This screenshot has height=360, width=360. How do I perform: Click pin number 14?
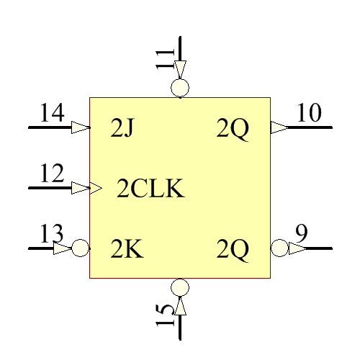point(52,114)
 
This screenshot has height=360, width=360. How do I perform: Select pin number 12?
point(52,174)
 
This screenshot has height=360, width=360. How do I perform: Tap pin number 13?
point(52,235)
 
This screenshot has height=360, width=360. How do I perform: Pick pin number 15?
point(166,315)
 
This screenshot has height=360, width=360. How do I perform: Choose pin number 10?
point(310,114)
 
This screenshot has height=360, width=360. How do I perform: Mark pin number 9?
point(302,233)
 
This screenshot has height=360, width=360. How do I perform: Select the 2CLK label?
point(150,189)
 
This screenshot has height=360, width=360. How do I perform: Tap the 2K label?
point(127,249)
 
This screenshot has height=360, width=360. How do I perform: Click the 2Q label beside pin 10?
point(233,129)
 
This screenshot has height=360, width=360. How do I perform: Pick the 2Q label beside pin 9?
point(233,249)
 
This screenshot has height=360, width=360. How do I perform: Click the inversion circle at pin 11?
point(180,89)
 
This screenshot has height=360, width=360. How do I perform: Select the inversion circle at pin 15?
point(180,287)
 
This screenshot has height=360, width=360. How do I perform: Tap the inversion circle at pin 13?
point(81,248)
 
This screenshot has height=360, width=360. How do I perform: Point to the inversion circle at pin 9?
point(279,248)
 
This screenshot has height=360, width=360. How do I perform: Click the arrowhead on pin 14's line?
point(80,127)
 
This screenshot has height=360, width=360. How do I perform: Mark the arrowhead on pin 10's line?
point(279,127)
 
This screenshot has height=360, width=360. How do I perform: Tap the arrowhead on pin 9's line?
point(297,248)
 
